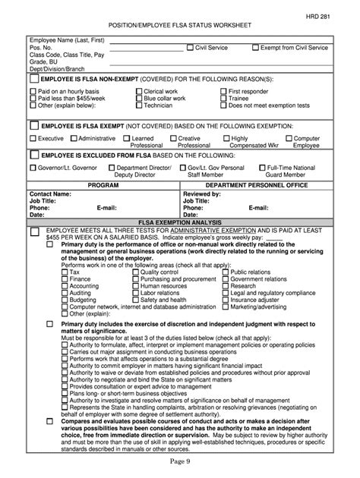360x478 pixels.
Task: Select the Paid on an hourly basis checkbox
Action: tap(33, 91)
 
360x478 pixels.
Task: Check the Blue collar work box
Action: tap(138, 98)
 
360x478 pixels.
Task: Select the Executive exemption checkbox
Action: tap(33, 139)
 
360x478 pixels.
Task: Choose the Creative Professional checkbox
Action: tap(173, 139)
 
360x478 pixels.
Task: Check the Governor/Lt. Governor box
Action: tap(33, 167)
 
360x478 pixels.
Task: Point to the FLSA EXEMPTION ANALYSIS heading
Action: tap(179, 221)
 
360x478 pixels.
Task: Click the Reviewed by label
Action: tap(201, 193)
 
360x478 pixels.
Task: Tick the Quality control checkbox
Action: tap(134, 272)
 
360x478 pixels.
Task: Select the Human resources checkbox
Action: tap(134, 285)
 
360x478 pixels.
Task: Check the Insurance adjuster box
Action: tap(225, 299)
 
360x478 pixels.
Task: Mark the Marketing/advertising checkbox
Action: tap(225, 306)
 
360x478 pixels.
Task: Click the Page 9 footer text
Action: tap(179, 462)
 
